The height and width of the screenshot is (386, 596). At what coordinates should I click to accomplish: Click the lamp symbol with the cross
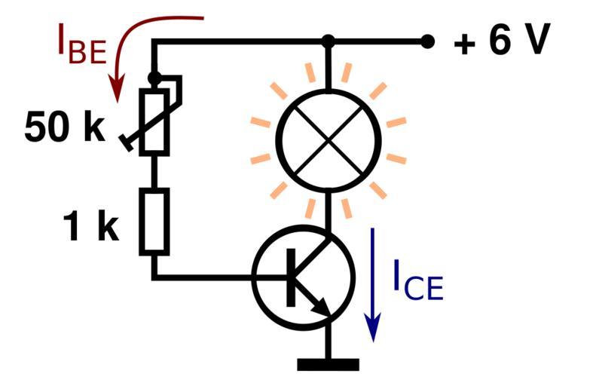click(328, 140)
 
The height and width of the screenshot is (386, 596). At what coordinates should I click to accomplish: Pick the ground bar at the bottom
click(328, 365)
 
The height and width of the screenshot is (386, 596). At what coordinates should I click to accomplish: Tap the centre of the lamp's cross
click(328, 140)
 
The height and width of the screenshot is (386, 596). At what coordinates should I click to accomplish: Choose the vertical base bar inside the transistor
click(290, 277)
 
